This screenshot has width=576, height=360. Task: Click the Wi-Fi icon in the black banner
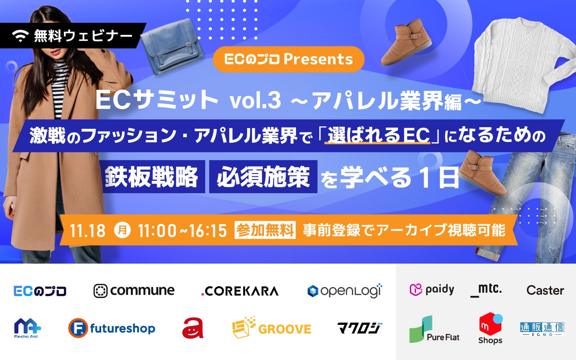click(20, 36)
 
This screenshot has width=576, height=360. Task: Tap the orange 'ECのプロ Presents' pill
click(288, 59)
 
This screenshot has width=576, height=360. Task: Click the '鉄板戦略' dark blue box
click(154, 176)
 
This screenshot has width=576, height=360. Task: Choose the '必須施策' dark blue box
click(263, 176)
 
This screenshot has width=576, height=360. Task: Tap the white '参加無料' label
click(265, 230)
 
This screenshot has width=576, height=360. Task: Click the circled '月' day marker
click(122, 230)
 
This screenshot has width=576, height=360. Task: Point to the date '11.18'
click(88, 230)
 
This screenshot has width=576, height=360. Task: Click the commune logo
click(134, 291)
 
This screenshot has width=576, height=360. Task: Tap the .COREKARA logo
click(240, 291)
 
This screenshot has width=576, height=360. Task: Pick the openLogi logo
click(345, 290)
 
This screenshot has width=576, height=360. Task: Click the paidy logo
click(432, 290)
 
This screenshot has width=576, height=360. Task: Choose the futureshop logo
click(112, 328)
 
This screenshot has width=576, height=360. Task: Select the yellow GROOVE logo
click(272, 327)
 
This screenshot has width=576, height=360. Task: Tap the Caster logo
click(545, 290)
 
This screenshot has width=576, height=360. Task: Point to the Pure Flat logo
click(434, 330)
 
